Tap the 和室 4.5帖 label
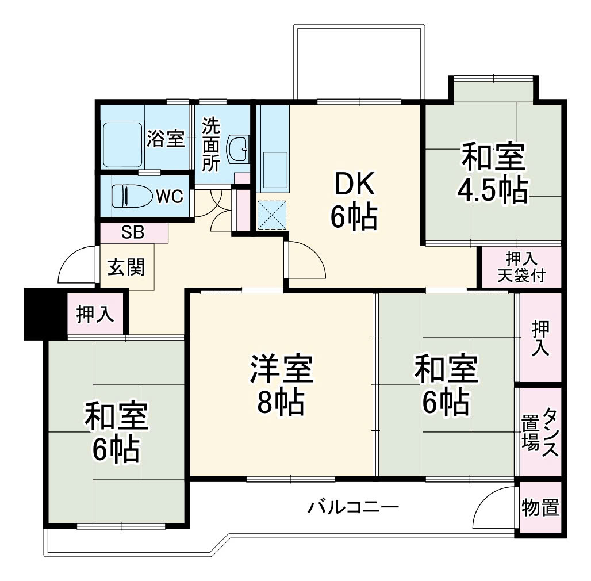pos(493,173)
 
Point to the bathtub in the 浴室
pos(122,146)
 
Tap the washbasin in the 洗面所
pos(238,150)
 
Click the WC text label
pos(170,196)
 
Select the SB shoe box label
pos(133,232)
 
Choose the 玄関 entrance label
pos(126,267)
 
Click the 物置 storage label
pos(540,507)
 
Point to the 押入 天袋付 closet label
pos(521,267)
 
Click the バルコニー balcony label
pos(353,507)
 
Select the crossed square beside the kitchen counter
pos(272,215)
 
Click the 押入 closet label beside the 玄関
pos(95,314)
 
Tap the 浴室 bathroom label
pos(166,139)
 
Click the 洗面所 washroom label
pos(211,145)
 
